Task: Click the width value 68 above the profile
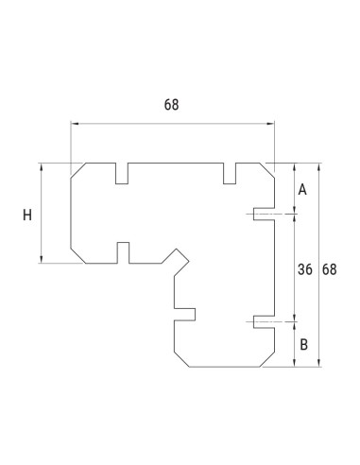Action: tap(171, 105)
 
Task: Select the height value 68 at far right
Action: tap(330, 269)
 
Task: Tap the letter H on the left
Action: tap(27, 215)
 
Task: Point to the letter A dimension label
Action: tap(302, 190)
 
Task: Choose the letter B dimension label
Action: tap(302, 344)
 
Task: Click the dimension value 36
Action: tap(304, 269)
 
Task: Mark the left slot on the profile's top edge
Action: tap(122, 173)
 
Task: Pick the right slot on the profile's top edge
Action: tap(230, 173)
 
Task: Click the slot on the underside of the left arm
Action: tap(122, 252)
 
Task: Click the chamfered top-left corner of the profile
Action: tap(79, 171)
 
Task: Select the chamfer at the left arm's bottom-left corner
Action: tap(79, 255)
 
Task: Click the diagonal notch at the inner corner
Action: tap(175, 257)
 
